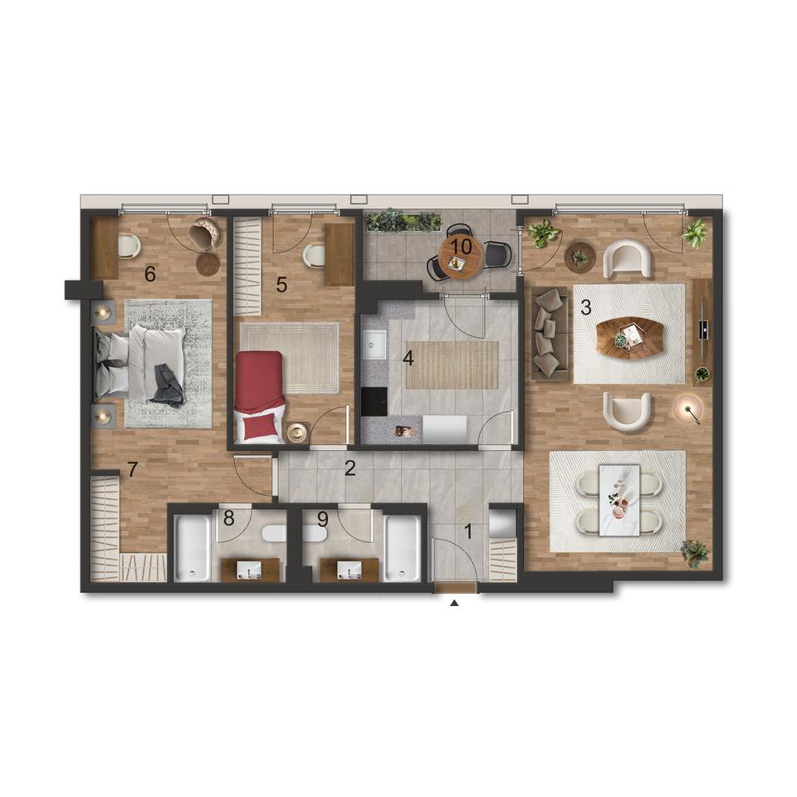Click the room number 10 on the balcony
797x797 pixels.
(x=461, y=247)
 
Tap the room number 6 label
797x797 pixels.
(x=150, y=274)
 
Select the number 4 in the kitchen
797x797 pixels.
(x=408, y=359)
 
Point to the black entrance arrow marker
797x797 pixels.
(x=455, y=604)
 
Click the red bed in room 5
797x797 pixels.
(x=259, y=397)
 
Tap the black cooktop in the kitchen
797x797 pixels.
(x=374, y=402)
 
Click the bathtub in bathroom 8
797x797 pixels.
(x=193, y=548)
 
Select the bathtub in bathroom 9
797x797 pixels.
(x=403, y=548)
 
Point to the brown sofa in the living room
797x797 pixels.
(x=550, y=334)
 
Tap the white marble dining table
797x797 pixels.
(x=619, y=500)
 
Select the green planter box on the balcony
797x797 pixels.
(x=403, y=221)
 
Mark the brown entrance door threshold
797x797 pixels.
(x=455, y=588)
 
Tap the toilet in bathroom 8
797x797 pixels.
(x=275, y=534)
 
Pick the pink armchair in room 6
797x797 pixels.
(x=205, y=234)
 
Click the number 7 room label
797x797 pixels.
(x=132, y=469)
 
